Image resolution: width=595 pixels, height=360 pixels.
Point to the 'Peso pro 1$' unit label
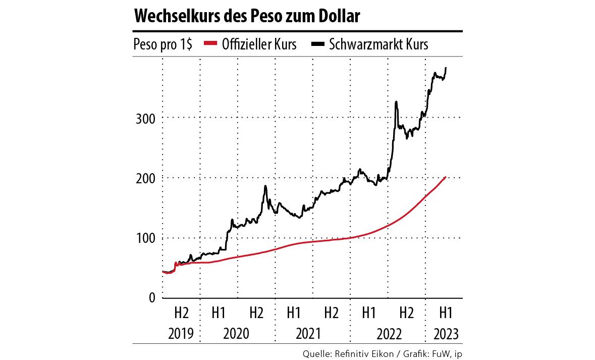(163, 44)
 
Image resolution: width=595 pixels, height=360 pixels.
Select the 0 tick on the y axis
(152, 298)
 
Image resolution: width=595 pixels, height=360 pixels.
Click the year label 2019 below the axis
(181, 334)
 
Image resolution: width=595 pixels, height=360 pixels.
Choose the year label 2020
(237, 334)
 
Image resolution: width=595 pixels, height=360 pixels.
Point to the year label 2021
(312, 334)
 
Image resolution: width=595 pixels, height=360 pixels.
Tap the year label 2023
(445, 334)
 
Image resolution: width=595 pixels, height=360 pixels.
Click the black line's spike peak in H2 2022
(396, 102)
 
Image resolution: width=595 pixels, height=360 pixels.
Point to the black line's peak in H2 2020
(265, 186)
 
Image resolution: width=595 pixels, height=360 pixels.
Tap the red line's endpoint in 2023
(445, 177)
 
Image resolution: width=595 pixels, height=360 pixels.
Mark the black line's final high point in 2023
(446, 68)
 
